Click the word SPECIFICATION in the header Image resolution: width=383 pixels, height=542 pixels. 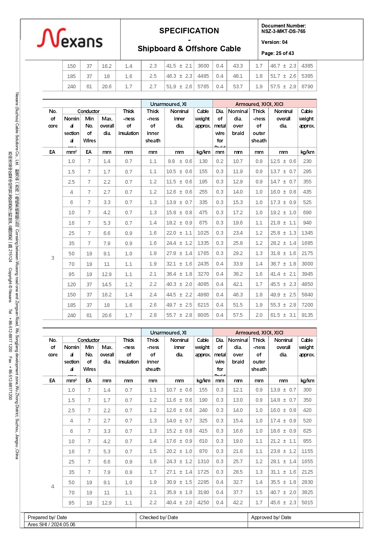(x=189, y=31)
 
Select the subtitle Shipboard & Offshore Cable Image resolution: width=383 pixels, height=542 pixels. (x=189, y=49)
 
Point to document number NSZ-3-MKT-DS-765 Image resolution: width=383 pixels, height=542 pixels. (x=283, y=31)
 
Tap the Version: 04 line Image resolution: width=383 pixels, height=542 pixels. (x=274, y=42)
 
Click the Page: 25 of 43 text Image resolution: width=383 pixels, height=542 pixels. (x=277, y=53)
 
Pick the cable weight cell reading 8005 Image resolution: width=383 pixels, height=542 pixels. (x=203, y=315)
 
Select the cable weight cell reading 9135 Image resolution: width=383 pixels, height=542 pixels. (x=307, y=315)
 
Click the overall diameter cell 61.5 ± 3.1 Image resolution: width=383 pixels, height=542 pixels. (x=283, y=315)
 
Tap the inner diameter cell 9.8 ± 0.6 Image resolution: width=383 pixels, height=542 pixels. (x=179, y=161)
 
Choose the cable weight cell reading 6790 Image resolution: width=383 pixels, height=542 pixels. (x=307, y=86)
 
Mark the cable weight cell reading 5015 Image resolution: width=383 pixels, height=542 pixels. (x=307, y=502)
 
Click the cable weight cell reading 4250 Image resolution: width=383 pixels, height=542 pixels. (x=203, y=502)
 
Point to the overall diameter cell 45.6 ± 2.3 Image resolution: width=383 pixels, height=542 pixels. (x=283, y=502)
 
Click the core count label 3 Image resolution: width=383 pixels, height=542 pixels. (x=53, y=258)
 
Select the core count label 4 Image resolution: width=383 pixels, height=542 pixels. (x=53, y=486)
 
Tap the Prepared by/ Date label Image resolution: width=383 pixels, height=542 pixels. (x=47, y=517)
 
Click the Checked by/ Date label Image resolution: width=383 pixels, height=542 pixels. (x=159, y=517)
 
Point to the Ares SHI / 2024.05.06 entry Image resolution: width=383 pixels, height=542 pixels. (x=52, y=524)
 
